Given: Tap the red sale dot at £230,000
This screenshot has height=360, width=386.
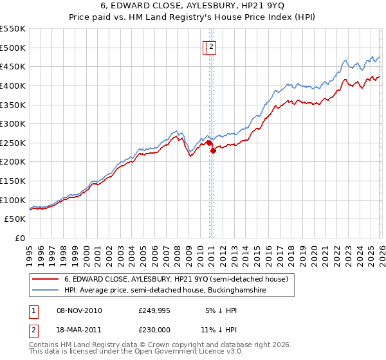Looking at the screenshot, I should click(213, 150).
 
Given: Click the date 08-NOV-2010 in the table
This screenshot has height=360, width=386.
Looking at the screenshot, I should click(80, 311).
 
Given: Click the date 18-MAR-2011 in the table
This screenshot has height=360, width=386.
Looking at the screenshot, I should click(80, 329).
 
